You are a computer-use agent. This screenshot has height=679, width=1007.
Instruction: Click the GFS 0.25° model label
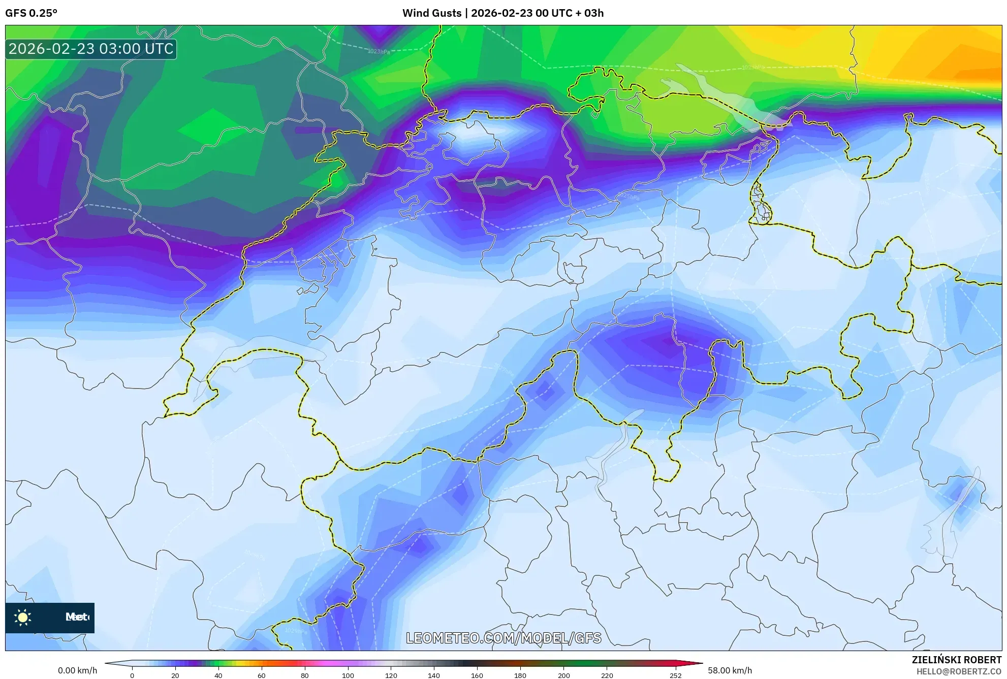[31, 13]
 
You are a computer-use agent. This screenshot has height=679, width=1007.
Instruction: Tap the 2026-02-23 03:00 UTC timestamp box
[91, 49]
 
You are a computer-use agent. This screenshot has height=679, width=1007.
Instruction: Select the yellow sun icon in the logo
[23, 618]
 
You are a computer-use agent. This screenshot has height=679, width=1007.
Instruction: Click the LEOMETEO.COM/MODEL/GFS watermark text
[503, 638]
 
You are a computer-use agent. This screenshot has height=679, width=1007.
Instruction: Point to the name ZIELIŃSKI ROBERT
[956, 660]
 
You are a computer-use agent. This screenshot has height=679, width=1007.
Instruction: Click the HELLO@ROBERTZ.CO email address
[959, 671]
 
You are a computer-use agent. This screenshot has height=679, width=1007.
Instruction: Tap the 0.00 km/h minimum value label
[77, 670]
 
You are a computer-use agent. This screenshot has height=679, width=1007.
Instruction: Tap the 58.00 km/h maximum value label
[730, 670]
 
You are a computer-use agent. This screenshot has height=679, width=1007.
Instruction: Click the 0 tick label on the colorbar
[132, 675]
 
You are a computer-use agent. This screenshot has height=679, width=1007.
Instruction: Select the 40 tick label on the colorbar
[218, 675]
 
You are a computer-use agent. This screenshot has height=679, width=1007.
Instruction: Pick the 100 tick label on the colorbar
[348, 675]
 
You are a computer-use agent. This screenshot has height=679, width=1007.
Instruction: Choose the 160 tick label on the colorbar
[477, 675]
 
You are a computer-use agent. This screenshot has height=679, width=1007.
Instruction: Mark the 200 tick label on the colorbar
[563, 675]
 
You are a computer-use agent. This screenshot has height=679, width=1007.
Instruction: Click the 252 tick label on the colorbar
[675, 675]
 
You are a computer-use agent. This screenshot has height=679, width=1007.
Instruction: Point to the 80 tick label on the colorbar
[305, 675]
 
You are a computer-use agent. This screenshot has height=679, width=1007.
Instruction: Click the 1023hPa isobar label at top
[379, 51]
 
